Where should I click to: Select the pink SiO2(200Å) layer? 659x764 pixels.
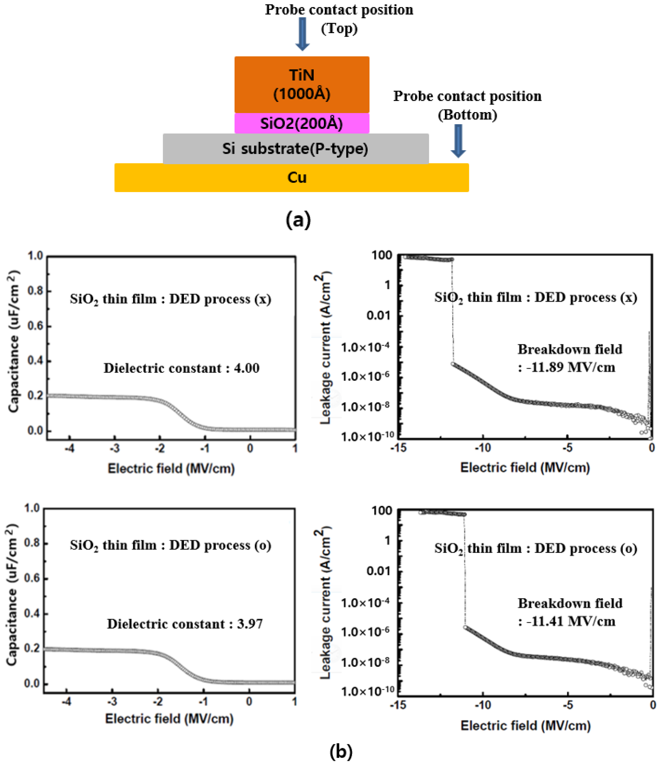(x=302, y=123)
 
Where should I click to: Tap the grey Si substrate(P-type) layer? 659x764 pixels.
(x=295, y=149)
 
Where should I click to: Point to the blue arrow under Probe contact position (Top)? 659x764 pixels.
(x=302, y=34)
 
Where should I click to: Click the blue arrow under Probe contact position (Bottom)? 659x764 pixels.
(x=458, y=141)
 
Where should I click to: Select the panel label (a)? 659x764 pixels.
(x=298, y=220)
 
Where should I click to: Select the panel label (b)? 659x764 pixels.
(x=341, y=751)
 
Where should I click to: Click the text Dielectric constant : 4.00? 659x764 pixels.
(x=181, y=368)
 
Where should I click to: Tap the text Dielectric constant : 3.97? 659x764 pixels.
(x=185, y=624)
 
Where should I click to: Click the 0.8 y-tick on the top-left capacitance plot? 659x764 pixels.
(x=35, y=291)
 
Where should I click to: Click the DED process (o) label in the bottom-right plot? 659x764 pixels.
(x=586, y=548)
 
